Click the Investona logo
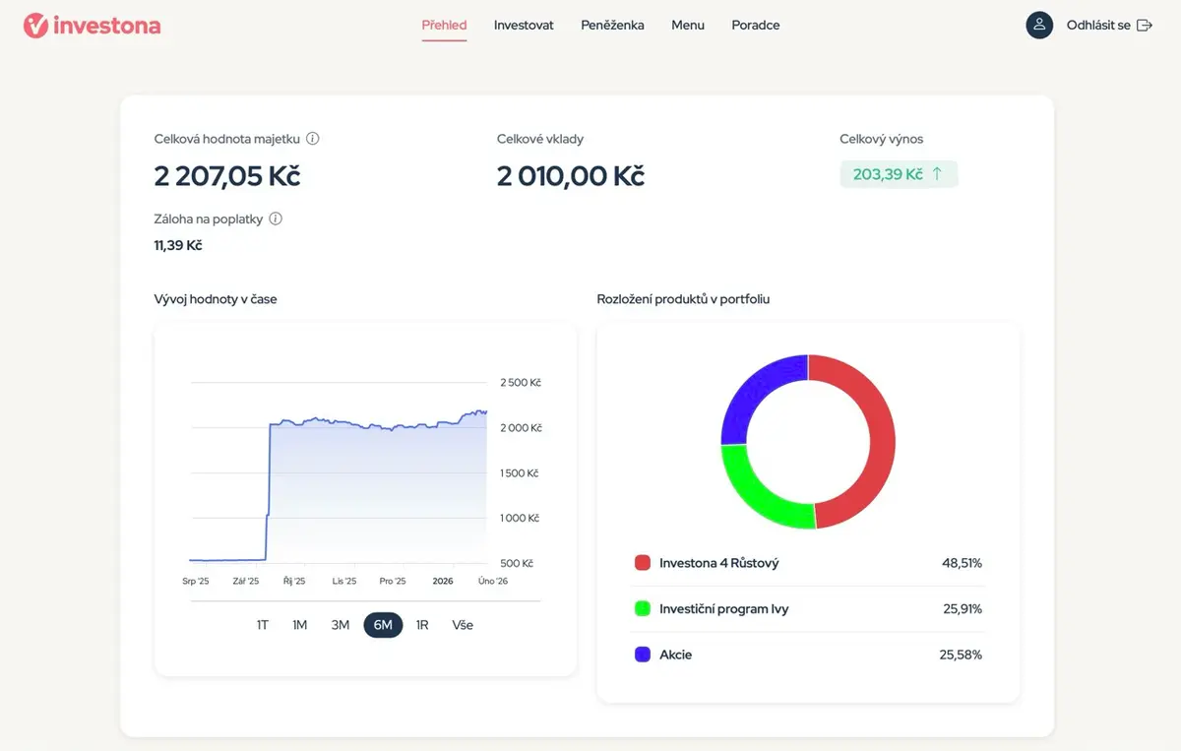pos(93,26)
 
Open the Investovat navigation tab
pos(524,25)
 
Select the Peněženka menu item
pos(612,25)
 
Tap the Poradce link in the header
pos(756,25)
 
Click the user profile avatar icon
pos(1039,25)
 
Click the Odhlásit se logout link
pos(1109,25)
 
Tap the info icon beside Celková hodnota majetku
pos(313,138)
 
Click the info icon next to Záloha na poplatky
pos(276,219)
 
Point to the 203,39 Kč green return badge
pos(899,174)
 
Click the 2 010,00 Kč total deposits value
pos(571,175)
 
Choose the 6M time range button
pos(383,625)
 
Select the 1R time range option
pos(422,625)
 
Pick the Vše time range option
pos(463,625)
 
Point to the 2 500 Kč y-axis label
pos(521,382)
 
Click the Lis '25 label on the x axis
pos(344,581)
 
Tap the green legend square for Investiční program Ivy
pos(642,608)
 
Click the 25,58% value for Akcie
pos(961,655)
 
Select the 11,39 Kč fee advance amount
pos(178,245)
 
